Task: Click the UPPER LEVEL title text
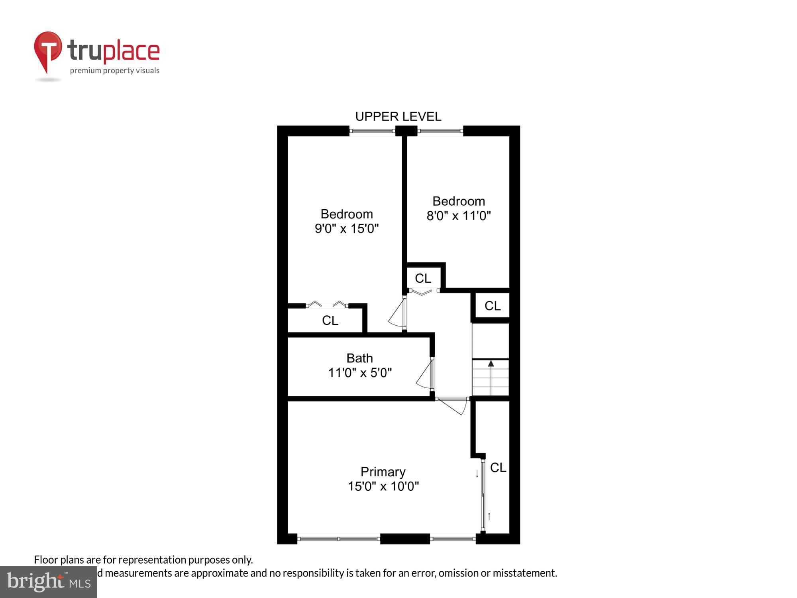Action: click(398, 116)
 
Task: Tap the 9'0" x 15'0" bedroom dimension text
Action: click(346, 229)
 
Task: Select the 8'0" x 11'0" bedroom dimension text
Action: click(458, 216)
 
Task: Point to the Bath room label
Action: click(359, 358)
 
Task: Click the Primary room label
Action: click(383, 472)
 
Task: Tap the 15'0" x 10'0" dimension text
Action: click(383, 486)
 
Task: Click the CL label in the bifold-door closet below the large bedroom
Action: click(330, 321)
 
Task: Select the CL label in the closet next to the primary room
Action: click(498, 468)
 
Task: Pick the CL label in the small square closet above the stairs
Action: click(492, 306)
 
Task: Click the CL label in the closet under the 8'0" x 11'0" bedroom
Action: click(423, 278)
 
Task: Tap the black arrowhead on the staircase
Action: click(491, 364)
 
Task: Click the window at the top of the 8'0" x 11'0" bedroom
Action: click(440, 130)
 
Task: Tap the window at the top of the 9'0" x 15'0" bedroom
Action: click(372, 130)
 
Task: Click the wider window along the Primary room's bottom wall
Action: click(339, 539)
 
